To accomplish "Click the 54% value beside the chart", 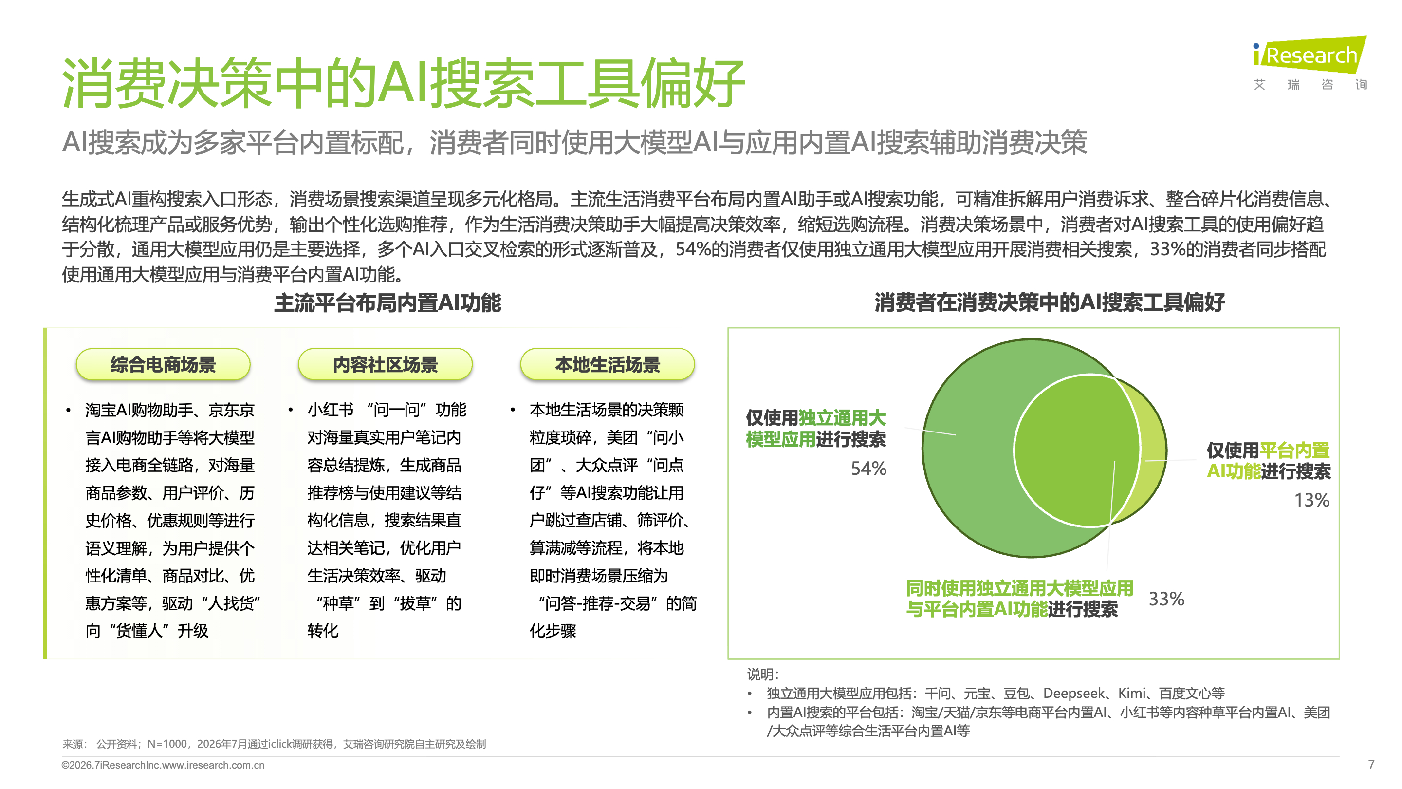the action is pos(868,468).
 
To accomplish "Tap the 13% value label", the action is pos(1311,500).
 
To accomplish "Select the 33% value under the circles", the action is pos(1166,599).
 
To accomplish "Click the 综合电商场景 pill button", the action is pos(163,364).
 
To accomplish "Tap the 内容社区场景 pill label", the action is pos(386,364).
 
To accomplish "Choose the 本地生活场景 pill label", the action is pos(608,364).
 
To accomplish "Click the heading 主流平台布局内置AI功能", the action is pos(387,303).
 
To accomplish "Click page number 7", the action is pos(1371,765).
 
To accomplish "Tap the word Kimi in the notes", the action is pos(1132,693).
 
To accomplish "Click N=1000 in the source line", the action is pos(167,744).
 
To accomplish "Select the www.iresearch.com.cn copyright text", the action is pos(213,765).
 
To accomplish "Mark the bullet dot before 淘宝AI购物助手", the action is pos(68,410).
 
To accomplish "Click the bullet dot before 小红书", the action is pos(291,410).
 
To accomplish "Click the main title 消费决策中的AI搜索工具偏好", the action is pos(403,83).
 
